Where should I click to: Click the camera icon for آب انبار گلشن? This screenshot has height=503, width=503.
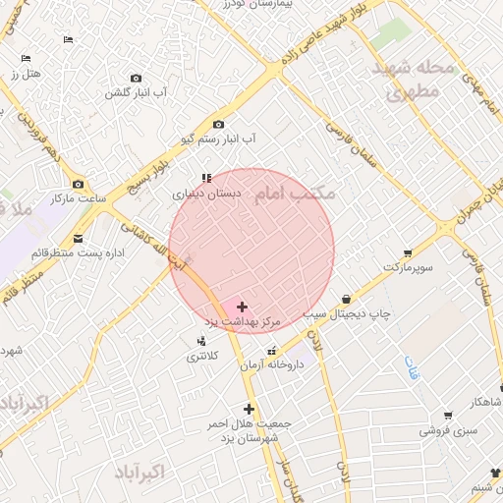coord(136,78)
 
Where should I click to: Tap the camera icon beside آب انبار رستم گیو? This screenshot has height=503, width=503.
coord(218,125)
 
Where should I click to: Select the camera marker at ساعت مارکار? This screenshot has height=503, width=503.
coord(79,184)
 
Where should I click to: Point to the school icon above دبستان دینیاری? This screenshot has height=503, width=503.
coord(205,178)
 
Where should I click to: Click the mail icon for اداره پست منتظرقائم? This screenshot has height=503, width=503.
coord(78,238)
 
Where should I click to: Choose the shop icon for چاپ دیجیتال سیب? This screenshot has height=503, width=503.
coord(346,299)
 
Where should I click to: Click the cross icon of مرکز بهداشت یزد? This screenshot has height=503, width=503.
coord(243,307)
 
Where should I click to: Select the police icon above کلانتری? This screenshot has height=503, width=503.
coord(201,341)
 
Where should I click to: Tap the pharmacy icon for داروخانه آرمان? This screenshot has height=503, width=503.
coord(272,351)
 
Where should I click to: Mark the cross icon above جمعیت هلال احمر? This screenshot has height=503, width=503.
coord(249,409)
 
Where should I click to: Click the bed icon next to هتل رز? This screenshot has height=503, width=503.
coord(26,59)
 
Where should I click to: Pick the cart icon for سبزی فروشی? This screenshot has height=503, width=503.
coord(447,416)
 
